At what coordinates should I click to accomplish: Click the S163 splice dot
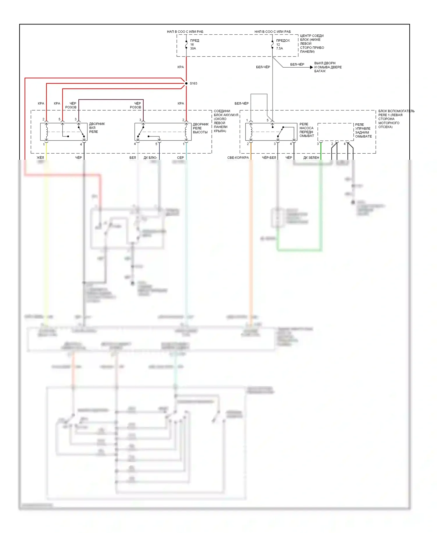point(186,83)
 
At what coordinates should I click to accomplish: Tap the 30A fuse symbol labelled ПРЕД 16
point(186,44)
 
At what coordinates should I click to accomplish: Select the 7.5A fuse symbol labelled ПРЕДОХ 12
point(272,44)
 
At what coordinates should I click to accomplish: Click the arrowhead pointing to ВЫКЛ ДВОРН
point(311,67)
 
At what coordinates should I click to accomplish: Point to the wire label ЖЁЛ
point(40,158)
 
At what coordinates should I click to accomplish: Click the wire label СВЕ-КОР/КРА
point(238,158)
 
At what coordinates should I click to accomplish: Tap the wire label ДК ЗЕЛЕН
point(311,158)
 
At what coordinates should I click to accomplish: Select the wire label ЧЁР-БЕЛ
point(269,158)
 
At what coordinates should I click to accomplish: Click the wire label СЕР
point(180,158)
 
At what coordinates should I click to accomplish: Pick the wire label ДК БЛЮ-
point(150,158)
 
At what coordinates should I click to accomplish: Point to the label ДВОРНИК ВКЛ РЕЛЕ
point(97,128)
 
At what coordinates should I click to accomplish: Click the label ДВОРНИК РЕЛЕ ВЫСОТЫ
point(201,128)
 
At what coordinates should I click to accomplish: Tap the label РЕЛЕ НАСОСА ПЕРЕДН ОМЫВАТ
point(307,130)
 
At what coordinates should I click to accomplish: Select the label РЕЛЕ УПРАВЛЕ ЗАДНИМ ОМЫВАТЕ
point(363,130)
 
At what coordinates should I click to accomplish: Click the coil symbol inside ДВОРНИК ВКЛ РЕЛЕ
point(47,132)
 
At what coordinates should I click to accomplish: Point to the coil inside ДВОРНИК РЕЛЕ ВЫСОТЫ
point(186,132)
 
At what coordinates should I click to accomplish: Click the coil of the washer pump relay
point(251,132)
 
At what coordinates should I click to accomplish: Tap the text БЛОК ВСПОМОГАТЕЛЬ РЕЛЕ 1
point(396,113)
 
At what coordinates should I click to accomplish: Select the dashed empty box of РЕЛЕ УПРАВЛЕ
point(336,132)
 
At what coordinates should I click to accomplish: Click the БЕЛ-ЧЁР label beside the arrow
point(297,64)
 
